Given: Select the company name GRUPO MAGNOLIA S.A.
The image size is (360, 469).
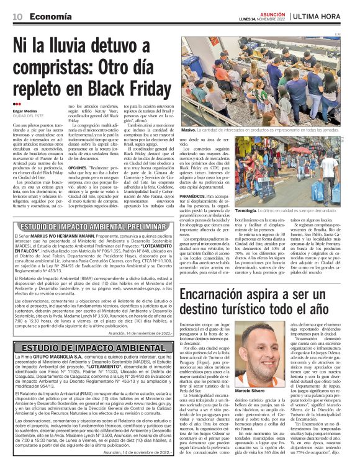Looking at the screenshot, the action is pyautogui.click(x=50, y=357).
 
